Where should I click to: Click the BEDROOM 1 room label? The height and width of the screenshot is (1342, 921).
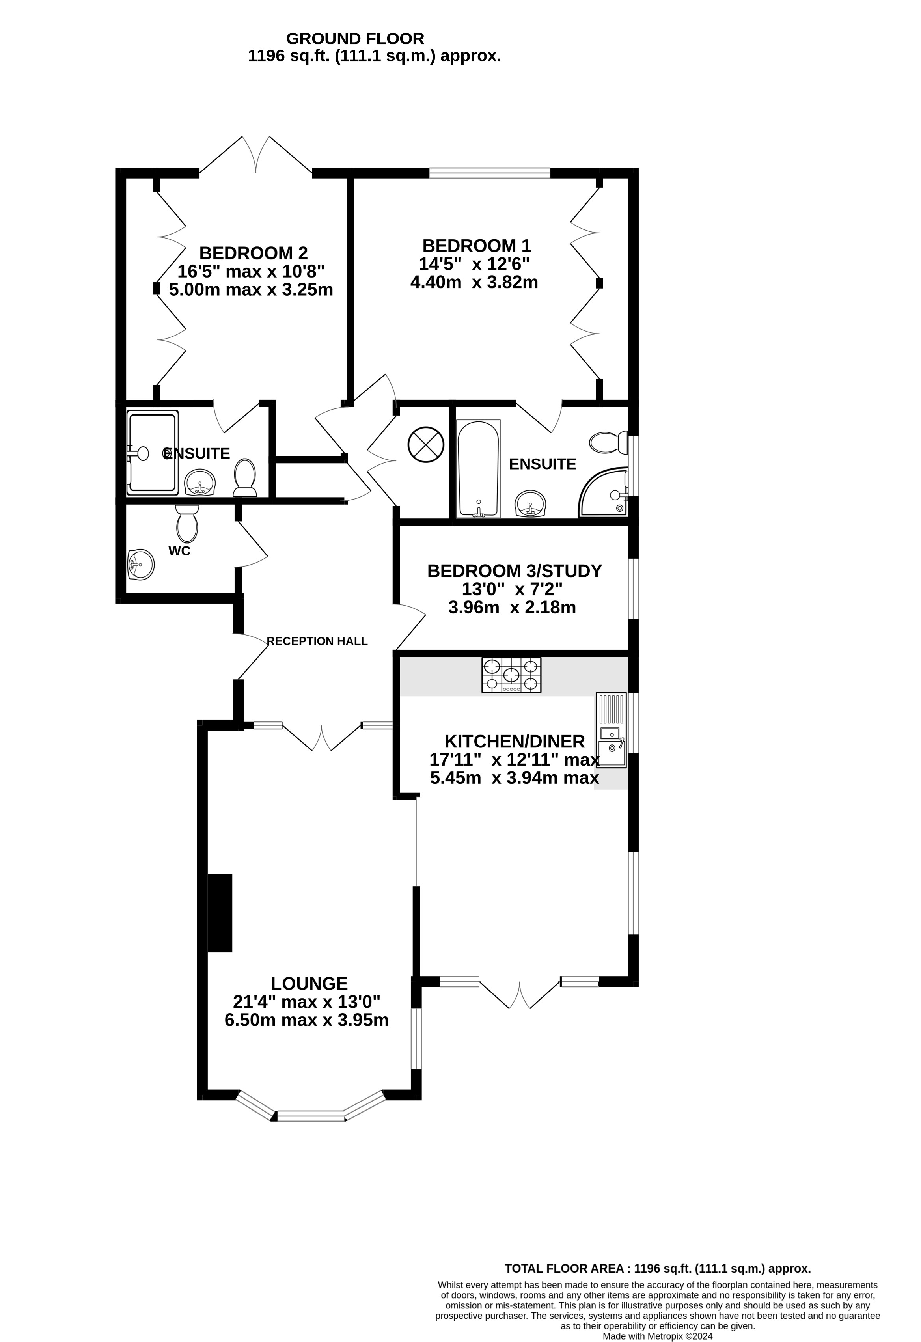click(476, 246)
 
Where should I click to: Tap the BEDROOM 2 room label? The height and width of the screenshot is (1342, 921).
click(254, 253)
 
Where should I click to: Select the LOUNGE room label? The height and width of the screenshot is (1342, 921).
click(309, 983)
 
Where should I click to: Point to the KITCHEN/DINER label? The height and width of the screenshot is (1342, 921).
click(515, 741)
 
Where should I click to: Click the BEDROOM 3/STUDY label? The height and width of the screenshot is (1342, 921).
click(515, 571)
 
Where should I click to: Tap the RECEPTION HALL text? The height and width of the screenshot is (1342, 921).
click(317, 641)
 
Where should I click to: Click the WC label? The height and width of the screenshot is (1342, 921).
click(179, 551)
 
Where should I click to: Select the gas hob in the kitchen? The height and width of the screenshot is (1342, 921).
click(512, 675)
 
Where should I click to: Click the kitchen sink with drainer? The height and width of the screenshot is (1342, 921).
click(612, 731)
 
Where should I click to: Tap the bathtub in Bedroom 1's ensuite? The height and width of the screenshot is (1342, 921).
click(478, 469)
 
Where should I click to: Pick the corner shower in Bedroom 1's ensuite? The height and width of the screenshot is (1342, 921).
click(603, 492)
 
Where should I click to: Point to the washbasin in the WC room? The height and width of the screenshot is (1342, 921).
click(141, 564)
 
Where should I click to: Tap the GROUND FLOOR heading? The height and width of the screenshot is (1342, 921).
click(355, 39)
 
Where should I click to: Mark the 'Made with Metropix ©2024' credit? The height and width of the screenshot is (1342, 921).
click(658, 1336)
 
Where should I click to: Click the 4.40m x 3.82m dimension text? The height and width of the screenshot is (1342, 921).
click(474, 282)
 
